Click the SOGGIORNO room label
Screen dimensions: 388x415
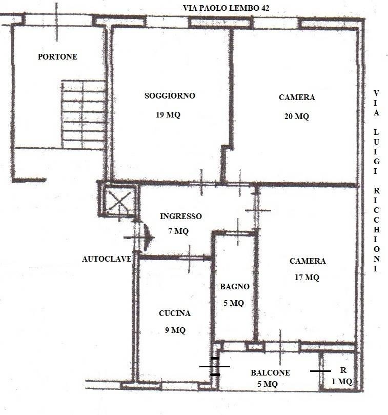point(170,95)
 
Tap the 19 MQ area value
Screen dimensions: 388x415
point(168,114)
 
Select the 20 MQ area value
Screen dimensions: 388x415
point(296,116)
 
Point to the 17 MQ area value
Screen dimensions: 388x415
point(307,277)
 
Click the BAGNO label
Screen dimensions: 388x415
point(235,286)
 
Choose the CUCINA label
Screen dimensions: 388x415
point(175,313)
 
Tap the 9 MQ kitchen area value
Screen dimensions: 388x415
point(175,330)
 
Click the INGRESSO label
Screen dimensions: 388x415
point(180,216)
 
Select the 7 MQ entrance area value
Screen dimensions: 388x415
point(178,231)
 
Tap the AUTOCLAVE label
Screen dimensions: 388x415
point(107,259)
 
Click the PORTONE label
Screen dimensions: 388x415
point(57,56)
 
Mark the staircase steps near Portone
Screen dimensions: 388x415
point(84,114)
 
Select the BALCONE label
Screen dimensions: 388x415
point(270,372)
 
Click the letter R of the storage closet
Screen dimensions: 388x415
point(343,370)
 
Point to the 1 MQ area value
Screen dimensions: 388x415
point(342,381)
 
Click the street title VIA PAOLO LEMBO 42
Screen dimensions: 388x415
point(226,8)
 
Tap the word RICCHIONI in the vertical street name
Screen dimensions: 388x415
point(377,229)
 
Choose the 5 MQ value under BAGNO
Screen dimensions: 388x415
point(234,303)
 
